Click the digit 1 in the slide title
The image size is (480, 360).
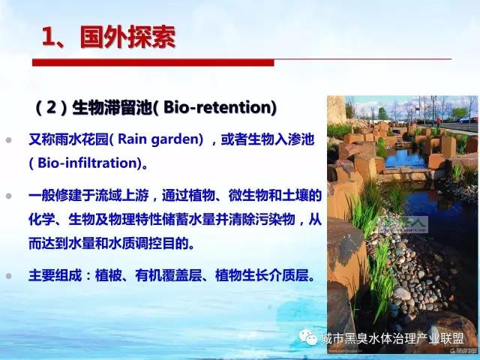point(48,37)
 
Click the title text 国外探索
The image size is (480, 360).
point(128,37)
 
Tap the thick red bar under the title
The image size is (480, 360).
point(153,62)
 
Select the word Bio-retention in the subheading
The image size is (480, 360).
point(217,107)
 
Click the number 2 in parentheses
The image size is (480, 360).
point(51,107)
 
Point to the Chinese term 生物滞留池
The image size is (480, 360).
point(112,107)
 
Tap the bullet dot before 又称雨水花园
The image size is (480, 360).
point(8,140)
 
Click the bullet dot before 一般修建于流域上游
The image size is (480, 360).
point(8,196)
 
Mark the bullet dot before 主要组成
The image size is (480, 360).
point(8,276)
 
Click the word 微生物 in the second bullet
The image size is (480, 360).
point(248,196)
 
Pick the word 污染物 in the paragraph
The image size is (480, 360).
point(275,220)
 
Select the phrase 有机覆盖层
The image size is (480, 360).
point(169,275)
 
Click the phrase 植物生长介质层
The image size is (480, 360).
point(262,275)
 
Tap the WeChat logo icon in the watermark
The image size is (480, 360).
point(308,337)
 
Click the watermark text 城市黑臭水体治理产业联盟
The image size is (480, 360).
point(393,338)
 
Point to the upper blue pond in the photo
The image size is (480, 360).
point(405,158)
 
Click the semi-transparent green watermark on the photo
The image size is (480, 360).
point(402,223)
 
